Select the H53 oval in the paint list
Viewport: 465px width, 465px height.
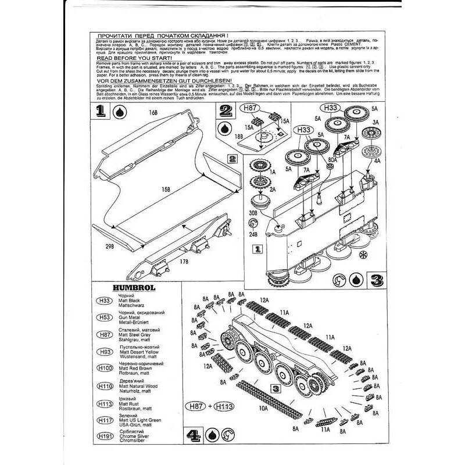105,316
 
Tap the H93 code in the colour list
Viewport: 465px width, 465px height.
105,352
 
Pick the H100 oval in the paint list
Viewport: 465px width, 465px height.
105,368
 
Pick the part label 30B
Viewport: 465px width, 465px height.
252,214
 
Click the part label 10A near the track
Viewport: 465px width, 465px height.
263,407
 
